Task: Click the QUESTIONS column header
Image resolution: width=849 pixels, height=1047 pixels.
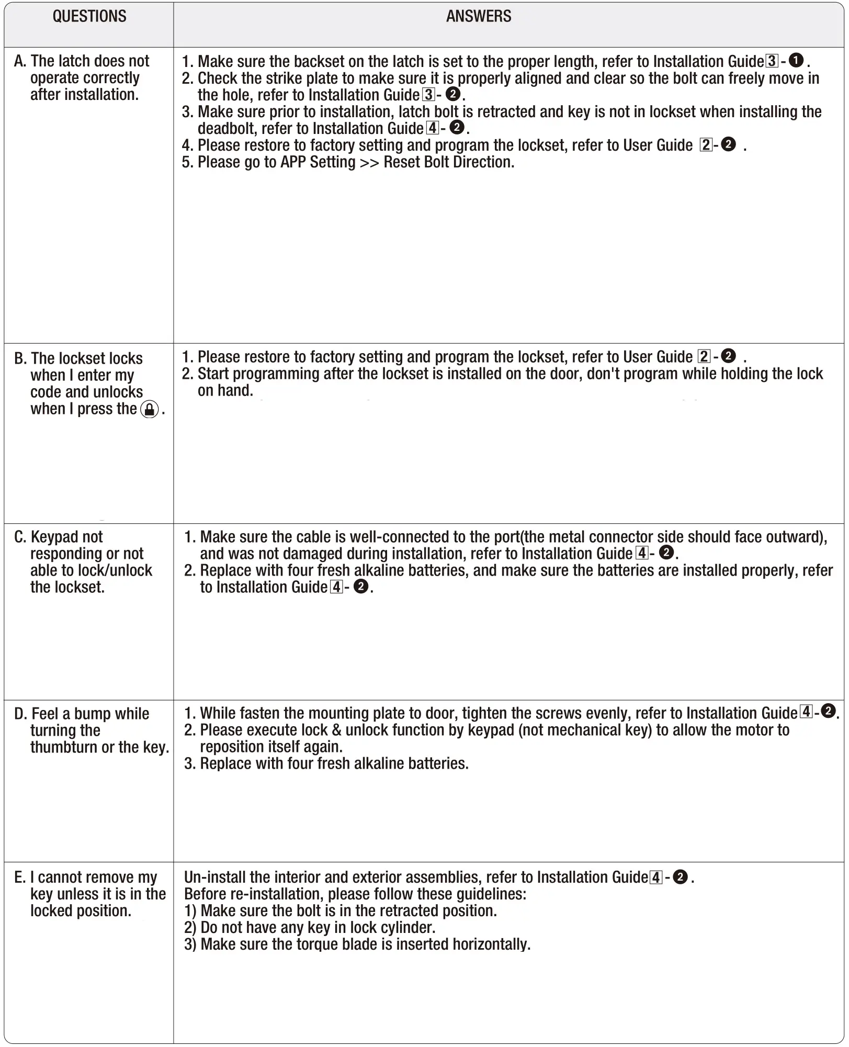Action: coord(89,16)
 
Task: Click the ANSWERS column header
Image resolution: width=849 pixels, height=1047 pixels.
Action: coord(479,16)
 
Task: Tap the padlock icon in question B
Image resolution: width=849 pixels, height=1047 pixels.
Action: coord(150,409)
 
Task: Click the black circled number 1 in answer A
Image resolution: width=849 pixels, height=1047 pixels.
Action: coord(796,61)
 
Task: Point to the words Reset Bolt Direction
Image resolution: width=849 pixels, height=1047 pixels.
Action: coord(448,162)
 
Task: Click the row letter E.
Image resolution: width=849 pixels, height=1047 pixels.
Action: coord(19,877)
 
